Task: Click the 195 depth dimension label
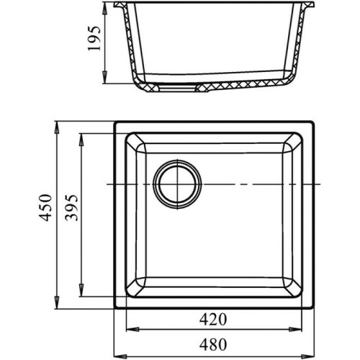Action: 94,39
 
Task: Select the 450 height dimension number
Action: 45,207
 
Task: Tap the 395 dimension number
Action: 72,207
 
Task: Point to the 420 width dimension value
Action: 213,320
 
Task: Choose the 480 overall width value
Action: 213,345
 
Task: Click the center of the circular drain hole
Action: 177,184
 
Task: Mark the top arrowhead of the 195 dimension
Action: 105,9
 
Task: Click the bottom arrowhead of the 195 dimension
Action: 105,77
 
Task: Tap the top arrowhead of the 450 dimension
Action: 57,127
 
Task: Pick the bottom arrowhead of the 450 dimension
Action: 57,302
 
